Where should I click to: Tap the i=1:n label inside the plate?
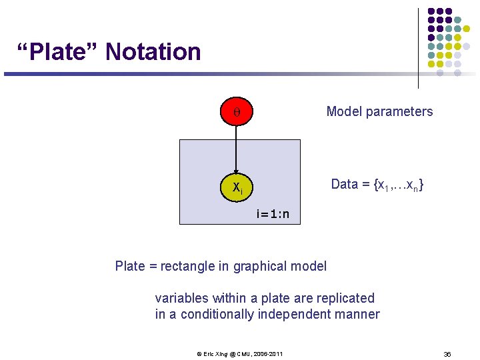(x=273, y=215)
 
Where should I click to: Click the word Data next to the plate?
(x=345, y=185)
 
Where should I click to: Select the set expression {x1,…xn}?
(x=399, y=185)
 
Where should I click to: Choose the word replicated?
(x=344, y=298)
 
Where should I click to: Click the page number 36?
(x=447, y=353)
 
